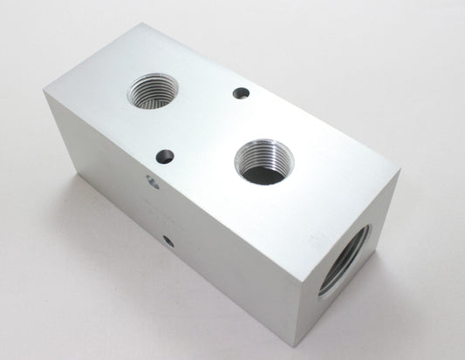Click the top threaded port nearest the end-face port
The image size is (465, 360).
click(263, 161)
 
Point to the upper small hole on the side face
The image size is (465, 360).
click(152, 182)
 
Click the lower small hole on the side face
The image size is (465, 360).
click(166, 237)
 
